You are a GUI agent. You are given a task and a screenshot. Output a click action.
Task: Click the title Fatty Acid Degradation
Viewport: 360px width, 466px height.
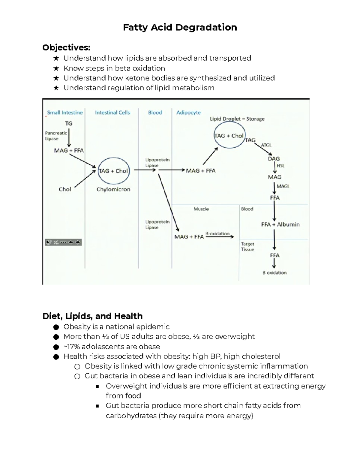click(180, 27)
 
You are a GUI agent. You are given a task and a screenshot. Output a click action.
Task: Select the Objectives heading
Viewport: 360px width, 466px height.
click(66, 47)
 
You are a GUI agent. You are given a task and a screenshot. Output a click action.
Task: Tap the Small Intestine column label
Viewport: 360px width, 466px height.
click(65, 113)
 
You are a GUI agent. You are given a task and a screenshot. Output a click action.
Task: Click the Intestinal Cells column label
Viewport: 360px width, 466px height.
click(112, 113)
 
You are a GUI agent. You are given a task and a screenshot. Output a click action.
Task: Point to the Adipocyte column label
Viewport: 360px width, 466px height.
click(188, 113)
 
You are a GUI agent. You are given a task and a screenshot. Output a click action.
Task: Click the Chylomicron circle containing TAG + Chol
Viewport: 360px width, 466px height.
click(113, 171)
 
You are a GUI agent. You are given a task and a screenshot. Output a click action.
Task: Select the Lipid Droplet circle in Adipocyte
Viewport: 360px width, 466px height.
click(229, 136)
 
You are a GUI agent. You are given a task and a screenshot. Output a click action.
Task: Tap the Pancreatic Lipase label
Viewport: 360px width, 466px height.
click(56, 136)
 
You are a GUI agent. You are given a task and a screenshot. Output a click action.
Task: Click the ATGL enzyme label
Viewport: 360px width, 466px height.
click(266, 145)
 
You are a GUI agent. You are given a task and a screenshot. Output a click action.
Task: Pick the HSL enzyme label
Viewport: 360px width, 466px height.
click(280, 166)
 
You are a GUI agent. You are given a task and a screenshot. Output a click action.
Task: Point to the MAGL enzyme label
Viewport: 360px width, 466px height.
click(283, 186)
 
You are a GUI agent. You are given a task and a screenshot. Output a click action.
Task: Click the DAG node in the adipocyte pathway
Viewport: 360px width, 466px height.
click(274, 159)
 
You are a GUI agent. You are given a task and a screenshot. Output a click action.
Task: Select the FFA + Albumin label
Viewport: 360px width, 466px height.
click(280, 224)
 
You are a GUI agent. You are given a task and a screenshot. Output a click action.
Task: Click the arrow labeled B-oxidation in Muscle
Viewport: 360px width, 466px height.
click(220, 236)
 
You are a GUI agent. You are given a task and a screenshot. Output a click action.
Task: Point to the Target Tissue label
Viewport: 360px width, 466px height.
click(247, 247)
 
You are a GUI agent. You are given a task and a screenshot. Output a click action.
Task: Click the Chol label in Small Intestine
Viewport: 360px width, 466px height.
click(65, 189)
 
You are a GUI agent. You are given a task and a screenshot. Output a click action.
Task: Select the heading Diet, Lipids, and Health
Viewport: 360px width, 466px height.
click(92, 316)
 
